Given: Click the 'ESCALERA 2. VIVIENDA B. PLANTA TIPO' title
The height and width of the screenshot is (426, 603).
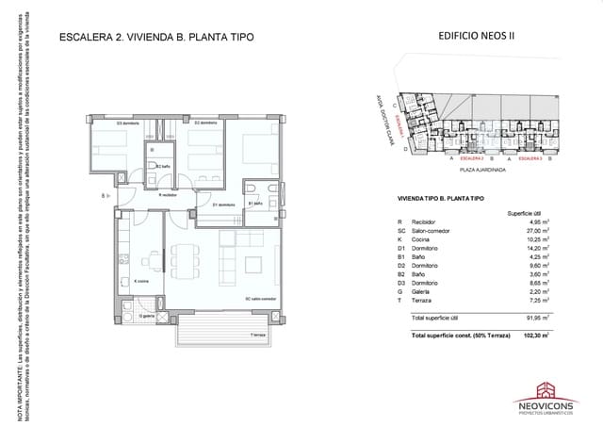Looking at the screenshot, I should click(155, 38).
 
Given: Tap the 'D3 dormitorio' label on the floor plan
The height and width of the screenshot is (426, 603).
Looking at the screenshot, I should click(128, 123).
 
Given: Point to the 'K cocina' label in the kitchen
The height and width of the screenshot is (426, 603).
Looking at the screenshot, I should click(142, 280).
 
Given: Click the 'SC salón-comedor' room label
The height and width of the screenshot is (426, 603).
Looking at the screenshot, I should click(261, 299).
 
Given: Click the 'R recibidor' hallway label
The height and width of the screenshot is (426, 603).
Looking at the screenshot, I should click(168, 195).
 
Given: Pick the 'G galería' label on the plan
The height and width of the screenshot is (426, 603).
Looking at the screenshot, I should click(146, 317).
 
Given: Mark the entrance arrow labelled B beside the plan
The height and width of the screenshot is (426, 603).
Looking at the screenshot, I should click(106, 196).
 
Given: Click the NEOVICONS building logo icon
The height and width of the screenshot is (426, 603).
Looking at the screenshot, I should click(546, 389).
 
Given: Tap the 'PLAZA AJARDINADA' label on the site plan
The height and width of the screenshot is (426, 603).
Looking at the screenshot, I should click(482, 172).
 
